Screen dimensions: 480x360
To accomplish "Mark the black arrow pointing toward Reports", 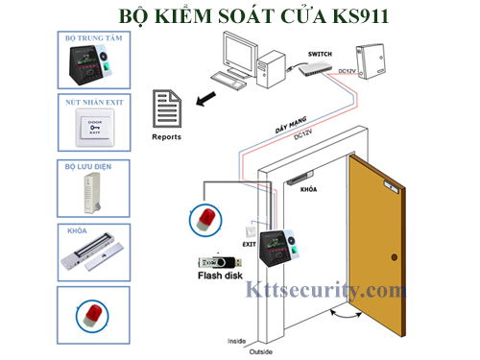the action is tap(202, 100).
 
